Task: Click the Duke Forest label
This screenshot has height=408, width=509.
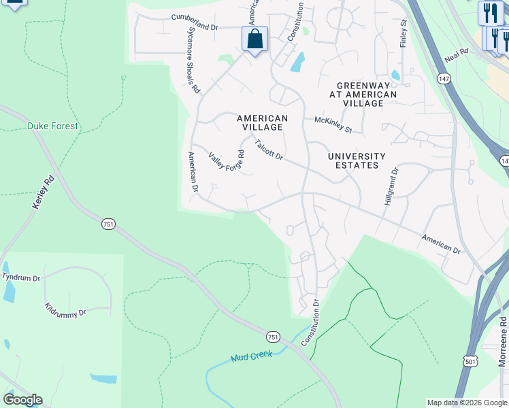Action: tap(52, 126)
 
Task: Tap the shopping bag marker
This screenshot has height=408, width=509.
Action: tap(255, 39)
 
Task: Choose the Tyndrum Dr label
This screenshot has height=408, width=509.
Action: tap(20, 277)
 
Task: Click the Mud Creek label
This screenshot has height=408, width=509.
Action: tap(251, 356)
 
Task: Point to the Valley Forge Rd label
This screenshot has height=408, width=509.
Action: tap(226, 162)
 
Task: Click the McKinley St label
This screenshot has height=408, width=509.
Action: tap(333, 124)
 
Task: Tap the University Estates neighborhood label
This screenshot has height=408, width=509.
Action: tap(357, 160)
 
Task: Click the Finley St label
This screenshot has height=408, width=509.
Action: tap(403, 32)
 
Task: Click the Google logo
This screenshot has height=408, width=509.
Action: tap(22, 400)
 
